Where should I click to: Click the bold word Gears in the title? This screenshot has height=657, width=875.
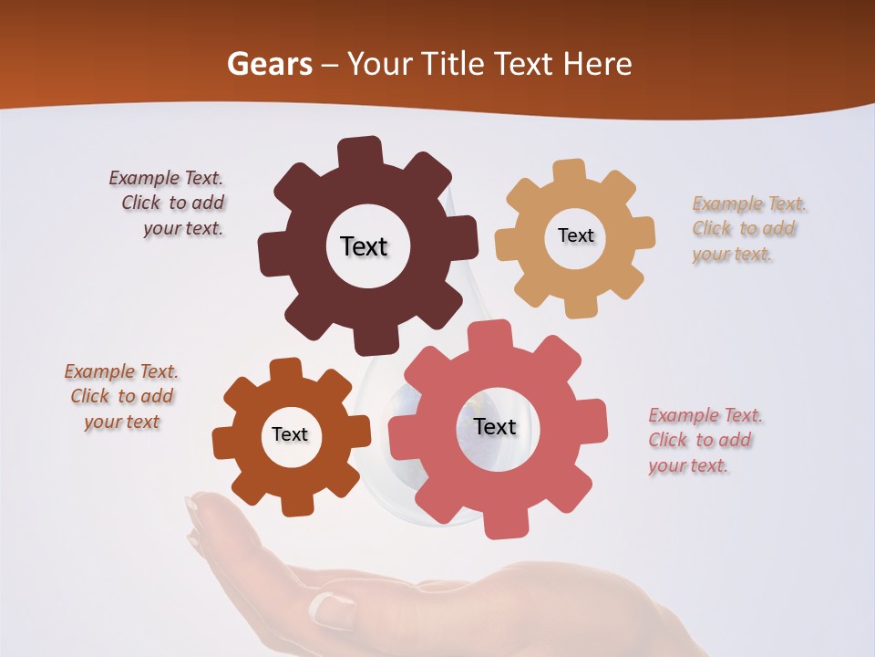[x=269, y=64]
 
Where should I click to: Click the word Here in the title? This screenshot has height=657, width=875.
[x=596, y=64]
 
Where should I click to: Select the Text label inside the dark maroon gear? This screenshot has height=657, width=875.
[x=365, y=246]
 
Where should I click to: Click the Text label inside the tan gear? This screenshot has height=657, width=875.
[x=575, y=235]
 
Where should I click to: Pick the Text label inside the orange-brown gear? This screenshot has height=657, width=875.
[x=290, y=434]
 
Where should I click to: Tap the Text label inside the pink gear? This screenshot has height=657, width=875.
[x=495, y=426]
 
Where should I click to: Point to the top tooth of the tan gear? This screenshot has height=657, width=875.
[x=569, y=172]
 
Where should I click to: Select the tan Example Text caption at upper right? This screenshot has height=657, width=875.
[x=747, y=228]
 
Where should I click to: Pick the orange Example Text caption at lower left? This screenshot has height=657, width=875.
[x=121, y=396]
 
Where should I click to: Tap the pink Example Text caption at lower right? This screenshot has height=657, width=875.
[x=704, y=440]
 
